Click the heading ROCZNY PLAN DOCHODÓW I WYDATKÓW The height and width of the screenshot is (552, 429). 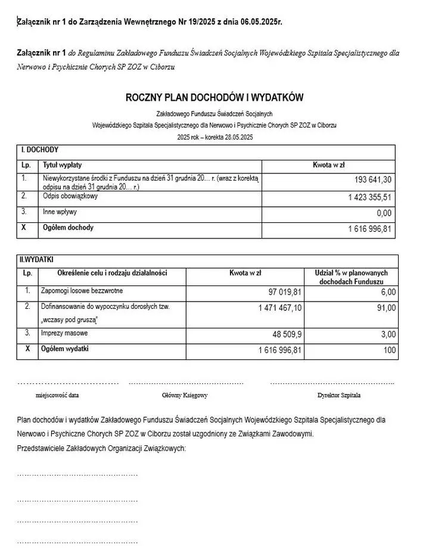214,97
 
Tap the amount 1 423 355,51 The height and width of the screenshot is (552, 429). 369,197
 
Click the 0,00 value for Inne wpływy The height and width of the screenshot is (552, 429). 384,213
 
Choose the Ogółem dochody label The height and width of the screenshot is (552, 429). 68,228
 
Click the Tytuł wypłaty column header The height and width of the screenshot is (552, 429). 63,165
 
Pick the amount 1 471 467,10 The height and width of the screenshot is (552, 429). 280,308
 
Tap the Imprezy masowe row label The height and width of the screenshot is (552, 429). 64,333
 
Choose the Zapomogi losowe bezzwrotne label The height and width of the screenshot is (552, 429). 82,290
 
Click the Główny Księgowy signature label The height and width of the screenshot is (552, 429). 185,395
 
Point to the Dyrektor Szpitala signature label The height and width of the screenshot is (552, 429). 339,395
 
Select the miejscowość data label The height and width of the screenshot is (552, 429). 57,395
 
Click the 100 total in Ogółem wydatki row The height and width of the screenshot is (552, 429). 390,351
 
